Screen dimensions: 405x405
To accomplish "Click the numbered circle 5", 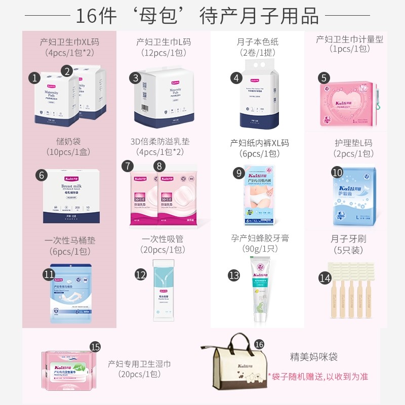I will click(x=325, y=77).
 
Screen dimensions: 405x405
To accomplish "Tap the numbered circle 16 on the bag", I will click(x=259, y=344).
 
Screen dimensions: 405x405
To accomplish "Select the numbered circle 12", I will click(x=140, y=275).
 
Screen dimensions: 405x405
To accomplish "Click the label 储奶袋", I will click(x=68, y=141).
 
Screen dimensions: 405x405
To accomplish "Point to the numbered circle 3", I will click(x=135, y=77).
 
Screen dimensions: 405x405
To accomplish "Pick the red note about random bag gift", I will click(x=318, y=376).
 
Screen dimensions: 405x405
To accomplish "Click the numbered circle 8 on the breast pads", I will click(x=160, y=166).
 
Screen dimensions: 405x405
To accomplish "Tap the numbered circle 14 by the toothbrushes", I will click(x=325, y=277).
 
